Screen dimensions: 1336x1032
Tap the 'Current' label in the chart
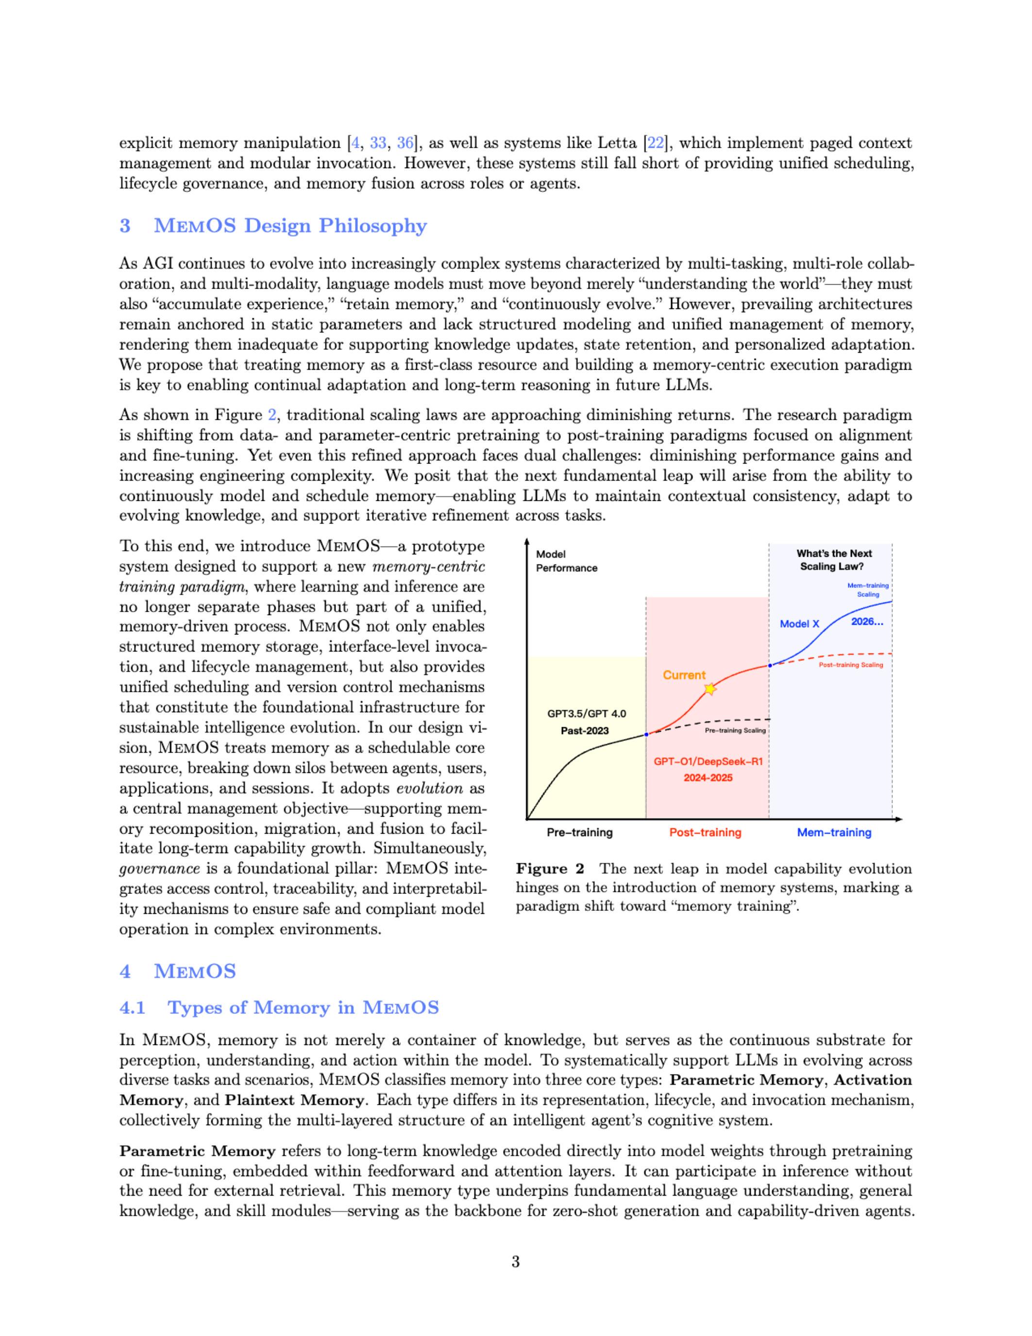tap(684, 675)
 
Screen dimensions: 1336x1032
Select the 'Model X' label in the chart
tap(799, 624)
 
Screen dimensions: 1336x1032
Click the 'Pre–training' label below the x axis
tap(579, 833)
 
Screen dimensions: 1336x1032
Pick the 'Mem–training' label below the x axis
tap(834, 833)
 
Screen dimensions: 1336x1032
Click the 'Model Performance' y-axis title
tap(566, 561)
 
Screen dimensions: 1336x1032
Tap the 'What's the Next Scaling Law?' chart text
tap(834, 560)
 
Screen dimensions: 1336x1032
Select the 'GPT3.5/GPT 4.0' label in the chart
tap(586, 713)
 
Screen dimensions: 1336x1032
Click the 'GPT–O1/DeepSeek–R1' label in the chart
tap(708, 762)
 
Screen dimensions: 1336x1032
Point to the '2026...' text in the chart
tap(867, 623)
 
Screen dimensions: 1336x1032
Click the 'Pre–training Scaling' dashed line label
tap(735, 730)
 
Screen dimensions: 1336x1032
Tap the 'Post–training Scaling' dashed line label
tap(850, 665)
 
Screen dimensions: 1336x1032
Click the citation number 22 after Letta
tap(656, 143)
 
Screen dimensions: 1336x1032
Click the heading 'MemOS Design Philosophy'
tap(290, 226)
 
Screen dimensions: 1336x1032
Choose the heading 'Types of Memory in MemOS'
tap(303, 1008)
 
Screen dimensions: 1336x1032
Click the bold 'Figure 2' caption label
tap(550, 869)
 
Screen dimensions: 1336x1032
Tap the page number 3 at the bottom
tap(515, 1261)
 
